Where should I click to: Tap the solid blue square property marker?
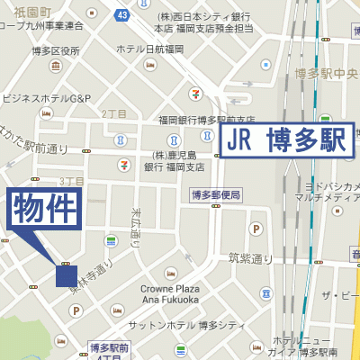(x=66, y=275)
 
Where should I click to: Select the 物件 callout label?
(x=46, y=211)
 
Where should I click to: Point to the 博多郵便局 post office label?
(x=215, y=194)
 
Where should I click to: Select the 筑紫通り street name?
(x=250, y=258)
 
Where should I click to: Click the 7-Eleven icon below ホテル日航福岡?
(x=195, y=93)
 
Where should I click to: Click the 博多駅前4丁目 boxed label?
(x=109, y=349)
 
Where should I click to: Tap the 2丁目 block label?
(x=114, y=113)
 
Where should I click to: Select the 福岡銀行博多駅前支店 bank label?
(x=208, y=119)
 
